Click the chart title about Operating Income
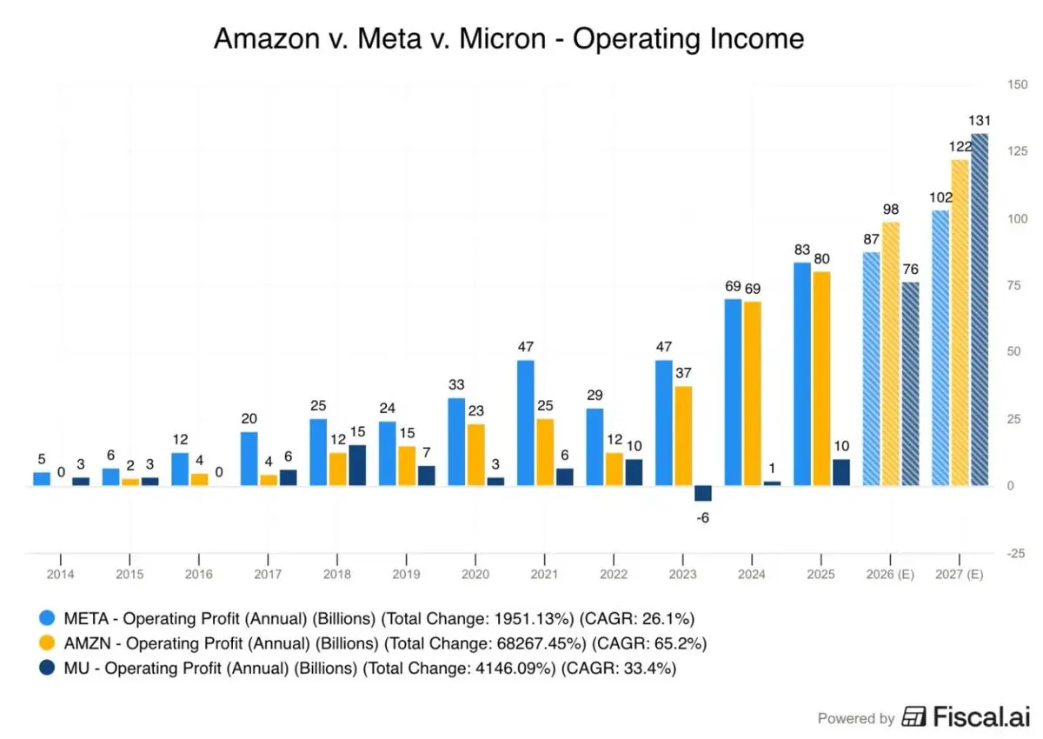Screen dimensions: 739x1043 (508, 39)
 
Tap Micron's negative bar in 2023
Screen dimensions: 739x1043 (702, 493)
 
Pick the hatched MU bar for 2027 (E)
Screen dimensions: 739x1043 (980, 310)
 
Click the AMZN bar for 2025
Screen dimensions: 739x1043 (821, 378)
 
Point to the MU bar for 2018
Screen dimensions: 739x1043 (357, 465)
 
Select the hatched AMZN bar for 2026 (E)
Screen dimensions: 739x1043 (890, 354)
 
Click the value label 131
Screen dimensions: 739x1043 (980, 120)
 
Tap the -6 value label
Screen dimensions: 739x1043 (702, 518)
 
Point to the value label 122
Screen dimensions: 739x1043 (960, 145)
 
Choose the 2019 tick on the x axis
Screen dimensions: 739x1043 (406, 576)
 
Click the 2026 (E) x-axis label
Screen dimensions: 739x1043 (890, 576)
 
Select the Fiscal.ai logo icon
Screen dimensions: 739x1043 (913, 716)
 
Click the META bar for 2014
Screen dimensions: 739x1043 (42, 479)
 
